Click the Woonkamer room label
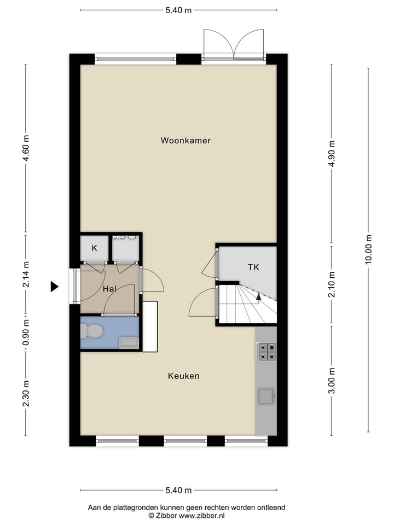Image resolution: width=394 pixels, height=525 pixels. click(186, 141)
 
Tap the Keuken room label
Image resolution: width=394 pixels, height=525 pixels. click(183, 376)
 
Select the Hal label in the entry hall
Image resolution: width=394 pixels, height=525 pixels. click(109, 288)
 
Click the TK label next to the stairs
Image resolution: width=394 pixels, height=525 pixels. click(253, 267)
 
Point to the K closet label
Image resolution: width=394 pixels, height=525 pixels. click(94, 248)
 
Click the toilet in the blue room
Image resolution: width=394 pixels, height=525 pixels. click(91, 331)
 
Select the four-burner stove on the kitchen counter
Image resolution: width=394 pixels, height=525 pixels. click(266, 352)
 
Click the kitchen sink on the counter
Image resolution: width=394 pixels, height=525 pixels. click(266, 396)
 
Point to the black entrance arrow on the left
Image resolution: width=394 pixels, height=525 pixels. click(54, 286)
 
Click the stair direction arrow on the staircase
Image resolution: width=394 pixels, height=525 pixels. click(258, 297)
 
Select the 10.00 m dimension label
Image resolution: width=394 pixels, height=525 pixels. click(368, 250)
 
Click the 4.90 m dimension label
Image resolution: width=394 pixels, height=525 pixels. click(332, 155)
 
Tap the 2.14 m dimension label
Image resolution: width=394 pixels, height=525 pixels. click(26, 275)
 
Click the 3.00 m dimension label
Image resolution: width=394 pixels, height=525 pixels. click(332, 381)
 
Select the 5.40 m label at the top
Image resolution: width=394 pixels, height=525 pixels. click(178, 10)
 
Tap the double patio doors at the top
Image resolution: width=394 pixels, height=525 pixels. click(234, 44)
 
